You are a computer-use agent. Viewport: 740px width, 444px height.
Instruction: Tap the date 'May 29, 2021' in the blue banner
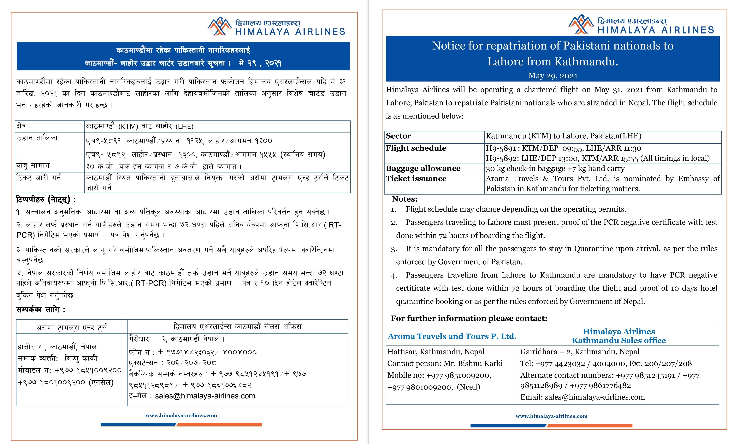[553, 76]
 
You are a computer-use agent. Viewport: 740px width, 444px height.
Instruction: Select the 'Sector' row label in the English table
[399, 136]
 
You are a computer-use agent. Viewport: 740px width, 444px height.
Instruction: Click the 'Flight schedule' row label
[416, 148]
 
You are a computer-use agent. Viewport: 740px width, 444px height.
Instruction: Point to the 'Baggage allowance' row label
[423, 168]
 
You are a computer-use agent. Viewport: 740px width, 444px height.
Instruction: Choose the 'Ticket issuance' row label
[416, 179]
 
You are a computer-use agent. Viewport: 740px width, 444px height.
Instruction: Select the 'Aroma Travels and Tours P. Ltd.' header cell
[452, 336]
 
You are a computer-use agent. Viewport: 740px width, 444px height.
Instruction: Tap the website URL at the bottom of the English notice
[551, 416]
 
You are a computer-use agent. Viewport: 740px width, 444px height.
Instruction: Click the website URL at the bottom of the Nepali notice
[181, 416]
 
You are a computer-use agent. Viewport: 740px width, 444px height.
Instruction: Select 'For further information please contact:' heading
[469, 318]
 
